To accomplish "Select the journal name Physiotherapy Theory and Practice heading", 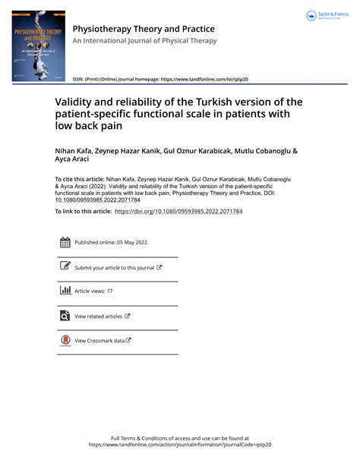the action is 144,30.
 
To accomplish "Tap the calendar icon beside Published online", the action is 65,243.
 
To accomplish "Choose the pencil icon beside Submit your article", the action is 65,266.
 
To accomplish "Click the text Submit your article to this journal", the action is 114,267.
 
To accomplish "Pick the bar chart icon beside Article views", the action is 65,291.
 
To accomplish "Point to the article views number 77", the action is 109,291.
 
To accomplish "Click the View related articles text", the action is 98,316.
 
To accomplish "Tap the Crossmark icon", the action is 65,340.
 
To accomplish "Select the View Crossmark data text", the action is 99,341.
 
